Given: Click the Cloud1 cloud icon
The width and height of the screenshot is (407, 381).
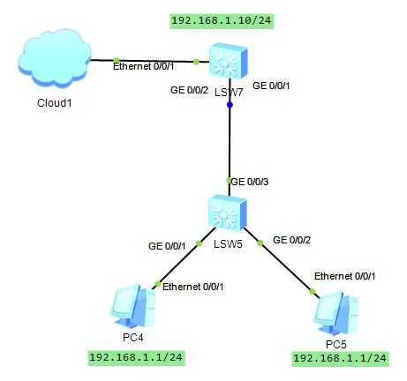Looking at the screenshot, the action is point(55,58).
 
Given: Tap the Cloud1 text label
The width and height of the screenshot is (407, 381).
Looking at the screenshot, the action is point(55,103).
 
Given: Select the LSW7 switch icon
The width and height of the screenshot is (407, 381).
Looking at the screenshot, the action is point(229,61).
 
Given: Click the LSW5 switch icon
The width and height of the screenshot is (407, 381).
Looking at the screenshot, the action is point(227,213).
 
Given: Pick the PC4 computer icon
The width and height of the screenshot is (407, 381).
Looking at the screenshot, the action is point(133,307).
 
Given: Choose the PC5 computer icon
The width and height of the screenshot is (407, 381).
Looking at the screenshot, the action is point(336,313).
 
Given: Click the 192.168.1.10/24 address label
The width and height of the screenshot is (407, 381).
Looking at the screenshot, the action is point(222,20).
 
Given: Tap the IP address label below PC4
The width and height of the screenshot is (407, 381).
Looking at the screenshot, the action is point(136,357).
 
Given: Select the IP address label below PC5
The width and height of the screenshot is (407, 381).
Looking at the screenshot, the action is point(340,358).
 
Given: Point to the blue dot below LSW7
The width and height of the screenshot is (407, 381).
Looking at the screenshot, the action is point(230,105).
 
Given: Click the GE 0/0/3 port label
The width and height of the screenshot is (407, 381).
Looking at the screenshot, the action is point(250,182).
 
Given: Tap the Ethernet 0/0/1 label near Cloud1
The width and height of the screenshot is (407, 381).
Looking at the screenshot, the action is point(143,66).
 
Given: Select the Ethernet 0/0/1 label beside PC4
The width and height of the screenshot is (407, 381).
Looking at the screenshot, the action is point(192,287).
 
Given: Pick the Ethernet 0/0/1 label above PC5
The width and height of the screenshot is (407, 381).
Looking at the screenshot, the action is point(344,276).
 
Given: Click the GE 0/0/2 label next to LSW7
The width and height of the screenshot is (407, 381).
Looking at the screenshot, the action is point(189,90).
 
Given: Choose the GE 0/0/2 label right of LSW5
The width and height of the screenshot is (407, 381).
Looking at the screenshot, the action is point(291,240).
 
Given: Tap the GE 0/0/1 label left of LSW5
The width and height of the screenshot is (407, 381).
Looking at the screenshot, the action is point(167,246).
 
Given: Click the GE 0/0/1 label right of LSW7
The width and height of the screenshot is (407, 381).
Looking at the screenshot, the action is point(271,86).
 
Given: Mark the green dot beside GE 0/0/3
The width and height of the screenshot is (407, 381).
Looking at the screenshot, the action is point(229,181).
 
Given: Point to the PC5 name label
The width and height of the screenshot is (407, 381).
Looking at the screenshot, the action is point(336,344).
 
